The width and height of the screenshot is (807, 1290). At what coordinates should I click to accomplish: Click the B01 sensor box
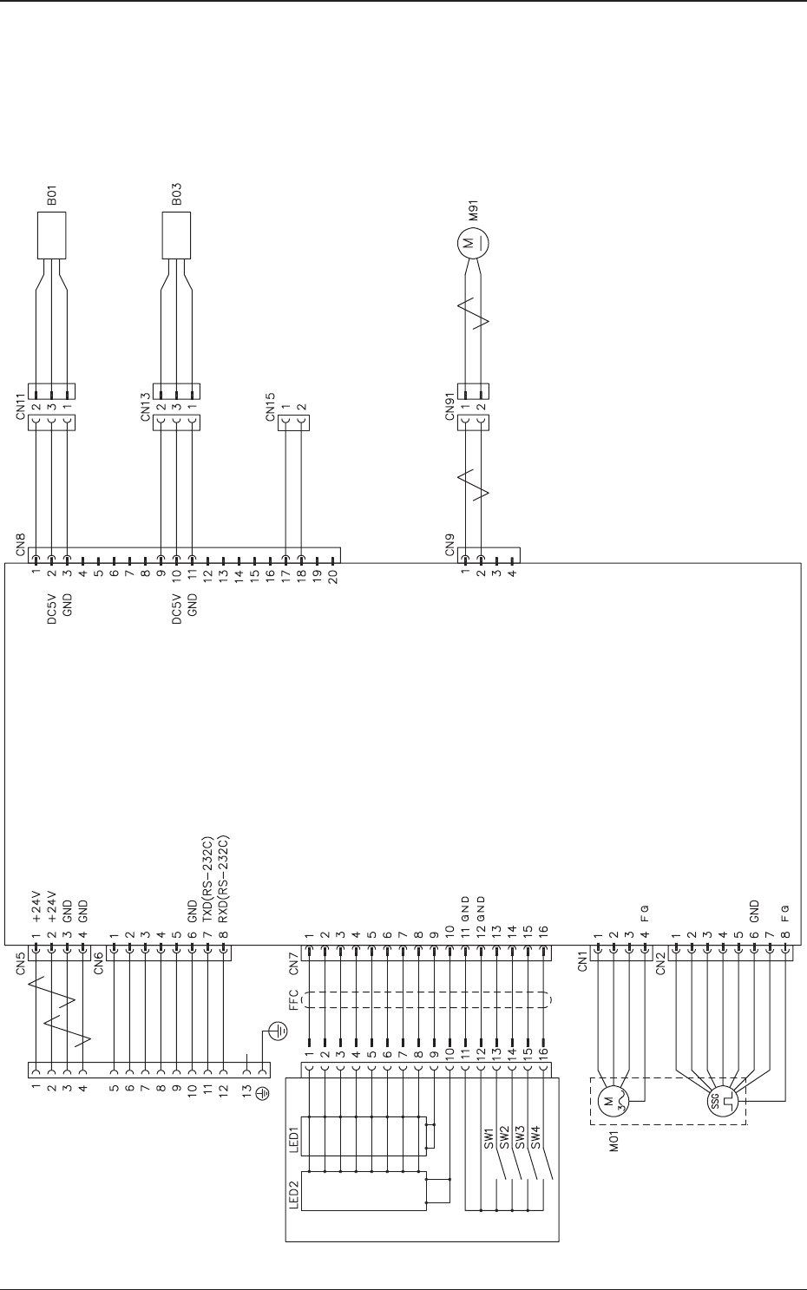pos(52,234)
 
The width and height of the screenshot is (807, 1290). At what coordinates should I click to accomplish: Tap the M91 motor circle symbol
pos(473,240)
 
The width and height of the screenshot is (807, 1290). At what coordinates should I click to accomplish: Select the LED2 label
pos(293,1196)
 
